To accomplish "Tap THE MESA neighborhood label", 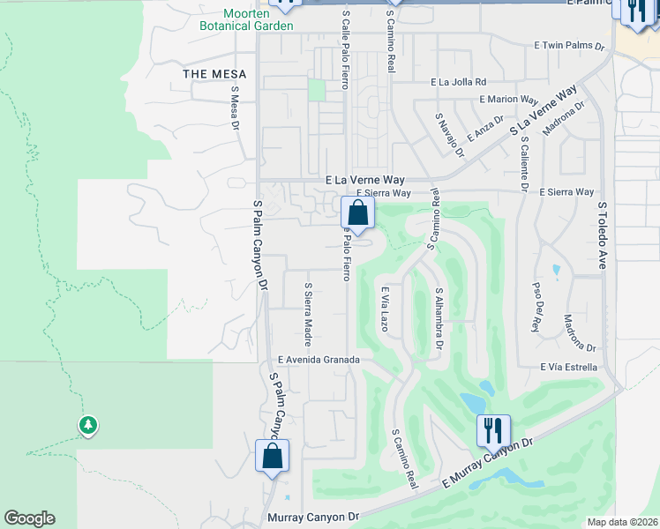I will [x=214, y=74].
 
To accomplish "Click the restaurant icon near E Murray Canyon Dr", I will [x=492, y=430].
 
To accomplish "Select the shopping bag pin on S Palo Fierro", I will [x=357, y=212].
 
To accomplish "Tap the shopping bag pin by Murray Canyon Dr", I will [x=272, y=457].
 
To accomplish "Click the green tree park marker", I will [x=87, y=427].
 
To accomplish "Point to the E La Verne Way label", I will [x=364, y=180].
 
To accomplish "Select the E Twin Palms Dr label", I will [x=569, y=45].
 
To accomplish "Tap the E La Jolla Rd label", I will [x=458, y=82].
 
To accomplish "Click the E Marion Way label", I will [x=508, y=100].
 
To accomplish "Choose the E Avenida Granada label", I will [x=319, y=360].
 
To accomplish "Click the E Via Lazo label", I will [x=385, y=309].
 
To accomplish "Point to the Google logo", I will [x=29, y=518].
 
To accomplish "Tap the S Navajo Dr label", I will [x=449, y=134].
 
